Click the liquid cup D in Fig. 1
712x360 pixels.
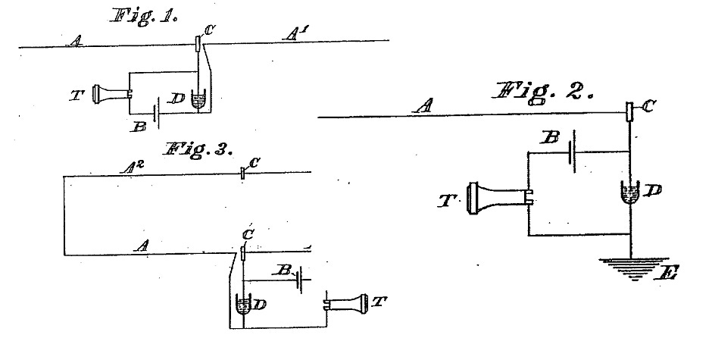[x=198, y=102]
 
